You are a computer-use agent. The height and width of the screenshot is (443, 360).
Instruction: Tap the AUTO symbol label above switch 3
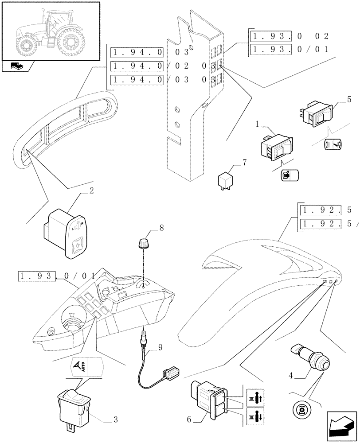(x=87, y=366)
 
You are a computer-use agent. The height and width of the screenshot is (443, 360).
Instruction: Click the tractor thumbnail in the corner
(x=51, y=31)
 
